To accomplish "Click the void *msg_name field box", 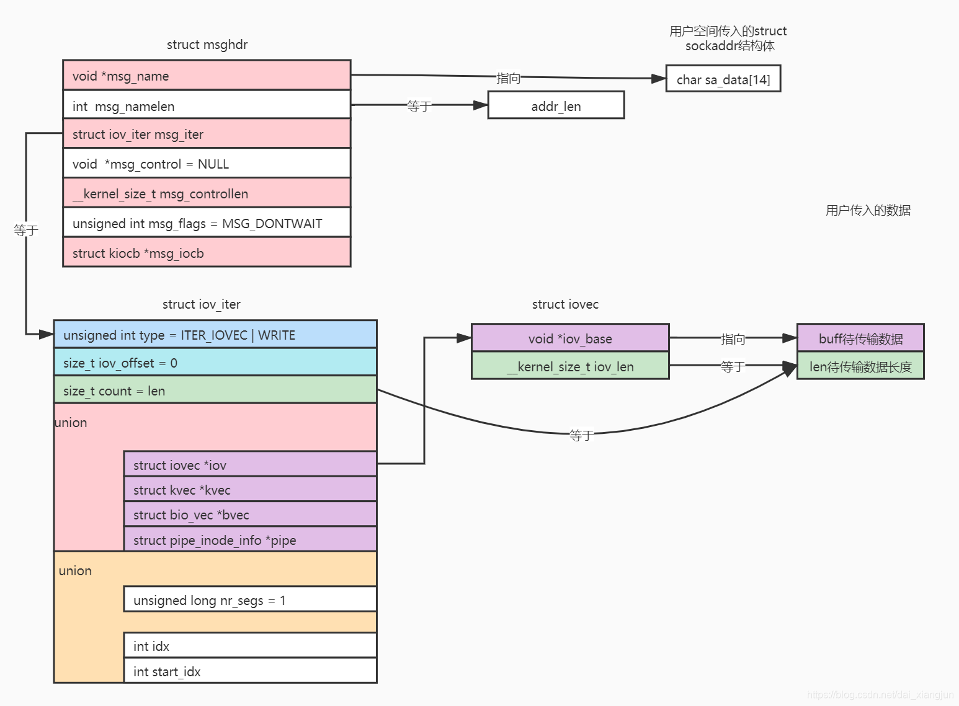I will coord(207,76).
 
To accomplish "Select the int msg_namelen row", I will coord(207,105).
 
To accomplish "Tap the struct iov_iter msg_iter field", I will coord(207,134).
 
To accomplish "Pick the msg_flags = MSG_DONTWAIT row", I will coord(207,223).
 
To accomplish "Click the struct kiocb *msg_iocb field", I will coord(207,253).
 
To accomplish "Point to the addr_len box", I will coord(556,105).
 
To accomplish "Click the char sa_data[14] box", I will coord(723,79).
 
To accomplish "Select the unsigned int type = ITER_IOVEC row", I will coord(215,335).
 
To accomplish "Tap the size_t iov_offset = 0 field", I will coord(215,363).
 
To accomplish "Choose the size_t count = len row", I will coord(215,391).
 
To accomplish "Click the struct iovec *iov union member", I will coord(250,464).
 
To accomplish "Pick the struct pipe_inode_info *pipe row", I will coord(250,539).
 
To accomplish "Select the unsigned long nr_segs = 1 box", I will coord(250,599).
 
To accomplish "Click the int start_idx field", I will coord(250,671).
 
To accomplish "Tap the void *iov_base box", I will coord(570,338).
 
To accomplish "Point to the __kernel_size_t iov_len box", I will coord(570,366).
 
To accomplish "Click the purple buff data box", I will coord(860,338).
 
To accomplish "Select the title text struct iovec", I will coord(565,304).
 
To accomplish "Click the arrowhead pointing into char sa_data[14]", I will coord(659,79).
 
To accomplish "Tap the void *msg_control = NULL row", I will coord(207,164).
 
